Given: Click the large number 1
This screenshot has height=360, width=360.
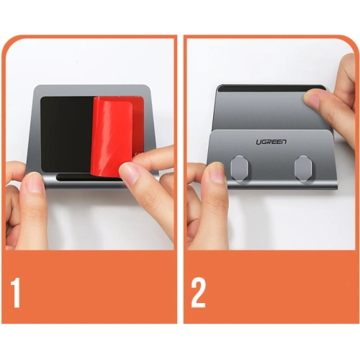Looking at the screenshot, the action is point(15,292).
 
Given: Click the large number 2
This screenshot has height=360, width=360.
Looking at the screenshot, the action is point(198,292).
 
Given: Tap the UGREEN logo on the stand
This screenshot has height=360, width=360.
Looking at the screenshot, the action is point(271,142).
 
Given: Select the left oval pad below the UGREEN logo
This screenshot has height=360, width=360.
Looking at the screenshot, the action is point(239,168).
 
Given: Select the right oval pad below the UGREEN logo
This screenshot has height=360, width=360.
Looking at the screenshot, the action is point(303,168).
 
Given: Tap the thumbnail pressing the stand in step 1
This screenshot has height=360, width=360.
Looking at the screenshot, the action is point(35,183).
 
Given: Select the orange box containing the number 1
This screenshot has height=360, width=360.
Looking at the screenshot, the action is point(89,287).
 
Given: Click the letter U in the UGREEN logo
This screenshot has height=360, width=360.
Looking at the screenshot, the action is point(258,142).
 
